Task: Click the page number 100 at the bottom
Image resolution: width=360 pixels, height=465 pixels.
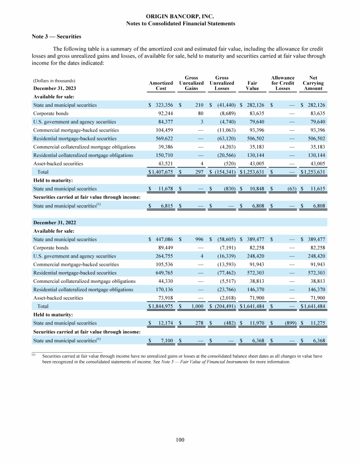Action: [180, 439]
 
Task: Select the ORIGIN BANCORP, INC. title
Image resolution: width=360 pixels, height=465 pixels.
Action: [180, 16]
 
